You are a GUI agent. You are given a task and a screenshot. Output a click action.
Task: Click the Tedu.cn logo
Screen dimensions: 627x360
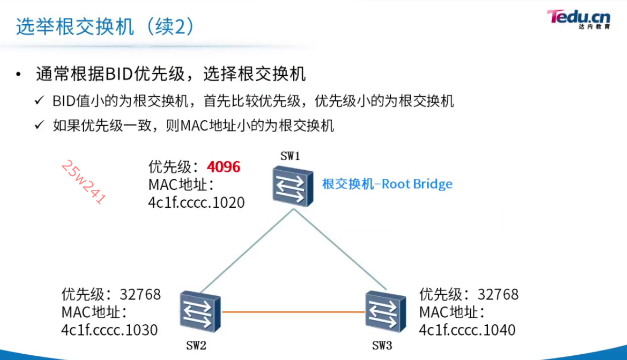[578, 19]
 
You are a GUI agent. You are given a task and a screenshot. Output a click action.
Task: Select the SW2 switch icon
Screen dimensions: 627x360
[200, 311]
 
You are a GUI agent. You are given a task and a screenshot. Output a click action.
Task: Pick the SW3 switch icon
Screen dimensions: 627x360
[386, 311]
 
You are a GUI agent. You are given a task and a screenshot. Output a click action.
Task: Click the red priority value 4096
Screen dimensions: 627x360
[223, 167]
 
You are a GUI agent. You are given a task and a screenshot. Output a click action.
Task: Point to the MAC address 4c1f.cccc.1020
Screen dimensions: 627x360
[196, 203]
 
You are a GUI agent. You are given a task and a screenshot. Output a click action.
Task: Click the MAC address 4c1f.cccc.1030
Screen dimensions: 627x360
[109, 330]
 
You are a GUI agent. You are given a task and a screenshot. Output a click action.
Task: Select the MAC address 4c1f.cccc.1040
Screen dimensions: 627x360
[467, 330]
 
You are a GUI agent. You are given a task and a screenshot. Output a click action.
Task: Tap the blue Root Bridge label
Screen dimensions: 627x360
[387, 184]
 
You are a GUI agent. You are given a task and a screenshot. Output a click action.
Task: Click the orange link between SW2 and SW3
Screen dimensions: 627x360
[293, 312]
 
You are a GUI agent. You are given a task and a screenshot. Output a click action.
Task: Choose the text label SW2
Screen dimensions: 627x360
[196, 346]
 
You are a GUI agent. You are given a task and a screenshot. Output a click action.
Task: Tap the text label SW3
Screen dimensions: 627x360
[382, 346]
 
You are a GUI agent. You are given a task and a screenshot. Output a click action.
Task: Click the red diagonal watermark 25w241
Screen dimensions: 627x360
[83, 182]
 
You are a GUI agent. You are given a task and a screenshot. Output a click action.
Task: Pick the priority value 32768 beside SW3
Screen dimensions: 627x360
[498, 294]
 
